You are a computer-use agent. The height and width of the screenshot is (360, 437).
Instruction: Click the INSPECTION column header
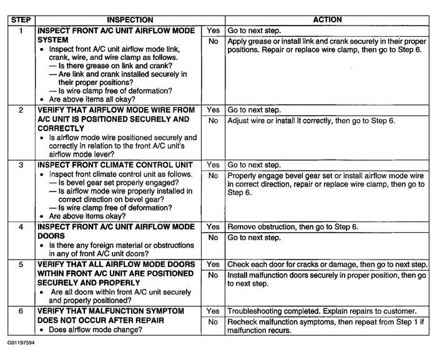120,20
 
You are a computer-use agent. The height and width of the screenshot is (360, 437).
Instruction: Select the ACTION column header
327,20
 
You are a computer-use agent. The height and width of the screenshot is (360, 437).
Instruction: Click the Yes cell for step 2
213,109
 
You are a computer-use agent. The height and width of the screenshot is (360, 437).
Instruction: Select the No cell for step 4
213,238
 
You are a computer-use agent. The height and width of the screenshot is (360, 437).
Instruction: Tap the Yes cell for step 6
213,311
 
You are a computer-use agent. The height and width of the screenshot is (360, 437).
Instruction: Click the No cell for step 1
213,41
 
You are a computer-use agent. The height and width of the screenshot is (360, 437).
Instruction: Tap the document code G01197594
21,343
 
